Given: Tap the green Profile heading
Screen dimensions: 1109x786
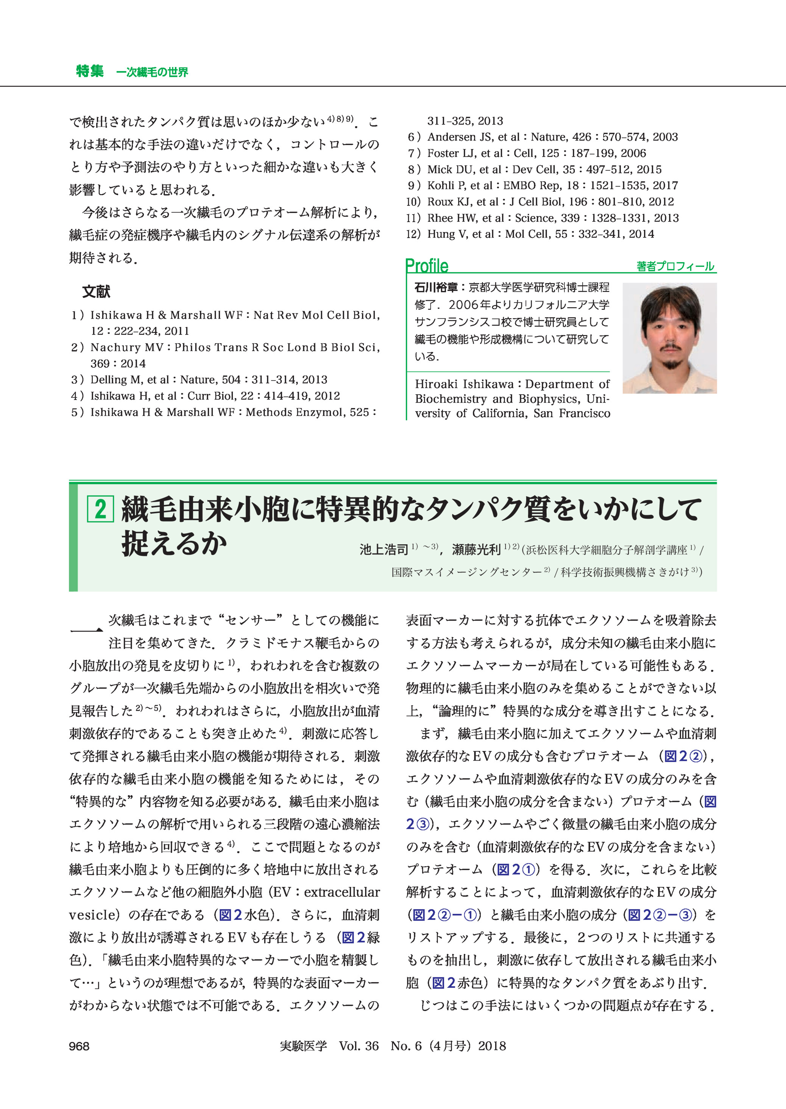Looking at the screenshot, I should pos(426,266).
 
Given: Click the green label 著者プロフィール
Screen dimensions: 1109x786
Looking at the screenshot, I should pos(675,266).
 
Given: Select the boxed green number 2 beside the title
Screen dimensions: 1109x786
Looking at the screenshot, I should pos(100,509).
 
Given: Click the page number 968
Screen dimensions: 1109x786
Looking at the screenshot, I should pos(79,1046).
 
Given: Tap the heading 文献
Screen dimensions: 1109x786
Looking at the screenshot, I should pos(96,292).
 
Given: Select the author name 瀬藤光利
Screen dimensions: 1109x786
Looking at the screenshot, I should pos(476,549).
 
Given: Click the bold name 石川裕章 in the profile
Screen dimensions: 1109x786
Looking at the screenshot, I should pos(435,287).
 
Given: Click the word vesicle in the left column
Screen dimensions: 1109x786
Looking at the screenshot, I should pos(94,915).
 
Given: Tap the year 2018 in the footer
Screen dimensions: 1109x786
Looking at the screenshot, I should pos(492,1046).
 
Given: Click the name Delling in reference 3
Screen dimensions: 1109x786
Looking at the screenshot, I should pos(108,380).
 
